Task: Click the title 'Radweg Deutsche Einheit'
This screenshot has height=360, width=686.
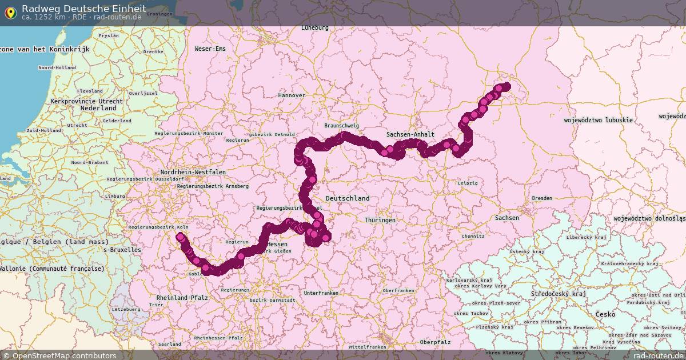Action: coord(83,8)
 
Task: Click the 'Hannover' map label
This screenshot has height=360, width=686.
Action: coord(292,95)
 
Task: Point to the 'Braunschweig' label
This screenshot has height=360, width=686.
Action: coord(341,125)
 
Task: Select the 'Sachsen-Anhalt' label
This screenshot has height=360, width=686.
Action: coord(410,134)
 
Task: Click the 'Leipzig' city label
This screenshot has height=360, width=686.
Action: coord(468,183)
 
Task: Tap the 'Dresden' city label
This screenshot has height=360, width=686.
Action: coord(541,198)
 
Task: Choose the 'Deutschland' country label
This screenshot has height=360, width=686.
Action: coord(348,198)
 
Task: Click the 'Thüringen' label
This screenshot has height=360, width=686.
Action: coord(380,220)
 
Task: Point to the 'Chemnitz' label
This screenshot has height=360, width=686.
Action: coord(473,236)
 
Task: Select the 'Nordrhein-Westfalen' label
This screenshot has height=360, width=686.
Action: coord(193,172)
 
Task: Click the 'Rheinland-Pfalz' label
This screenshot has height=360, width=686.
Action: coord(182,298)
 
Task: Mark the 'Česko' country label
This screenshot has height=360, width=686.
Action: coord(605,314)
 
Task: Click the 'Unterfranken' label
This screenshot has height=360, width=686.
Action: coord(321,293)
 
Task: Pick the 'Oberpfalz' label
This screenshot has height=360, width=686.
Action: coord(435,342)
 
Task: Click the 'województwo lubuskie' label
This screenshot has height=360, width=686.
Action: coord(598,120)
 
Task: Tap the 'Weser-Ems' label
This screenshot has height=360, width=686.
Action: coord(210,49)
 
